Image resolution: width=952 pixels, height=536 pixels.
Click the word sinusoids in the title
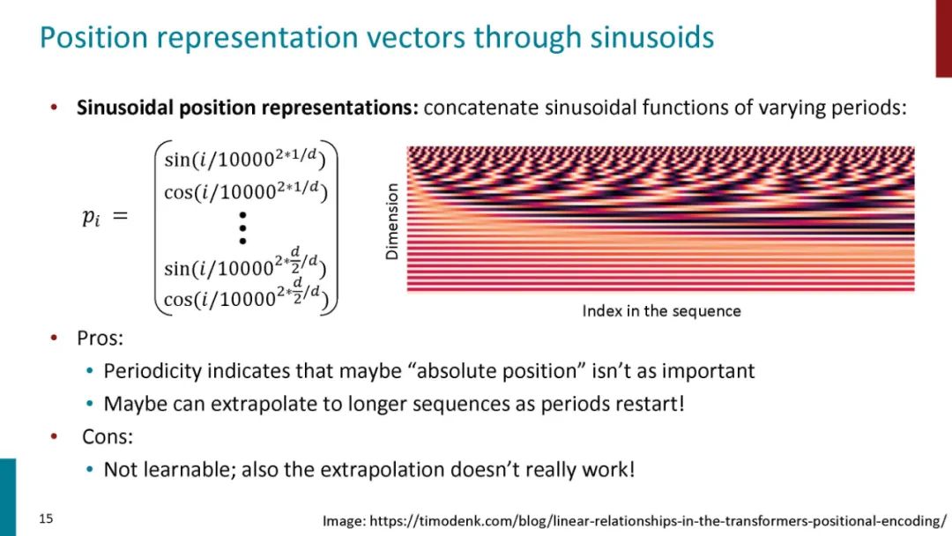pos(652,37)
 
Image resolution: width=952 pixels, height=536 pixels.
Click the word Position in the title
pos(93,37)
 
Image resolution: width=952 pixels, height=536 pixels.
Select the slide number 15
pos(46,518)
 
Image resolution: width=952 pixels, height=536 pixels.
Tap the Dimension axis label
pos(392,221)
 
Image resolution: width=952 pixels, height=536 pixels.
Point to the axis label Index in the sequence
pos(661,311)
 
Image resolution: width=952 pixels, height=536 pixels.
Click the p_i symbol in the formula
pos(91,217)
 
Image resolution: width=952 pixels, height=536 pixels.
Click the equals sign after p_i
pos(120,215)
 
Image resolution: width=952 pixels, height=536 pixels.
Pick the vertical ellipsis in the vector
pos(243,228)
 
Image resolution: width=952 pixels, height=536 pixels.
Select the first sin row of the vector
pos(245,159)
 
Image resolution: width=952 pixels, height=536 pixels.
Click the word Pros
pos(100,339)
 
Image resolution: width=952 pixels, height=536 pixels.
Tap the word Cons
pos(108,436)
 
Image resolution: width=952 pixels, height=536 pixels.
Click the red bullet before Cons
pos(54,435)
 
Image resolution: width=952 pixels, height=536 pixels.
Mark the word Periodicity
pos(152,371)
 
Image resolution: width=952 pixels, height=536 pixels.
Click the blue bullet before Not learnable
pos(90,469)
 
